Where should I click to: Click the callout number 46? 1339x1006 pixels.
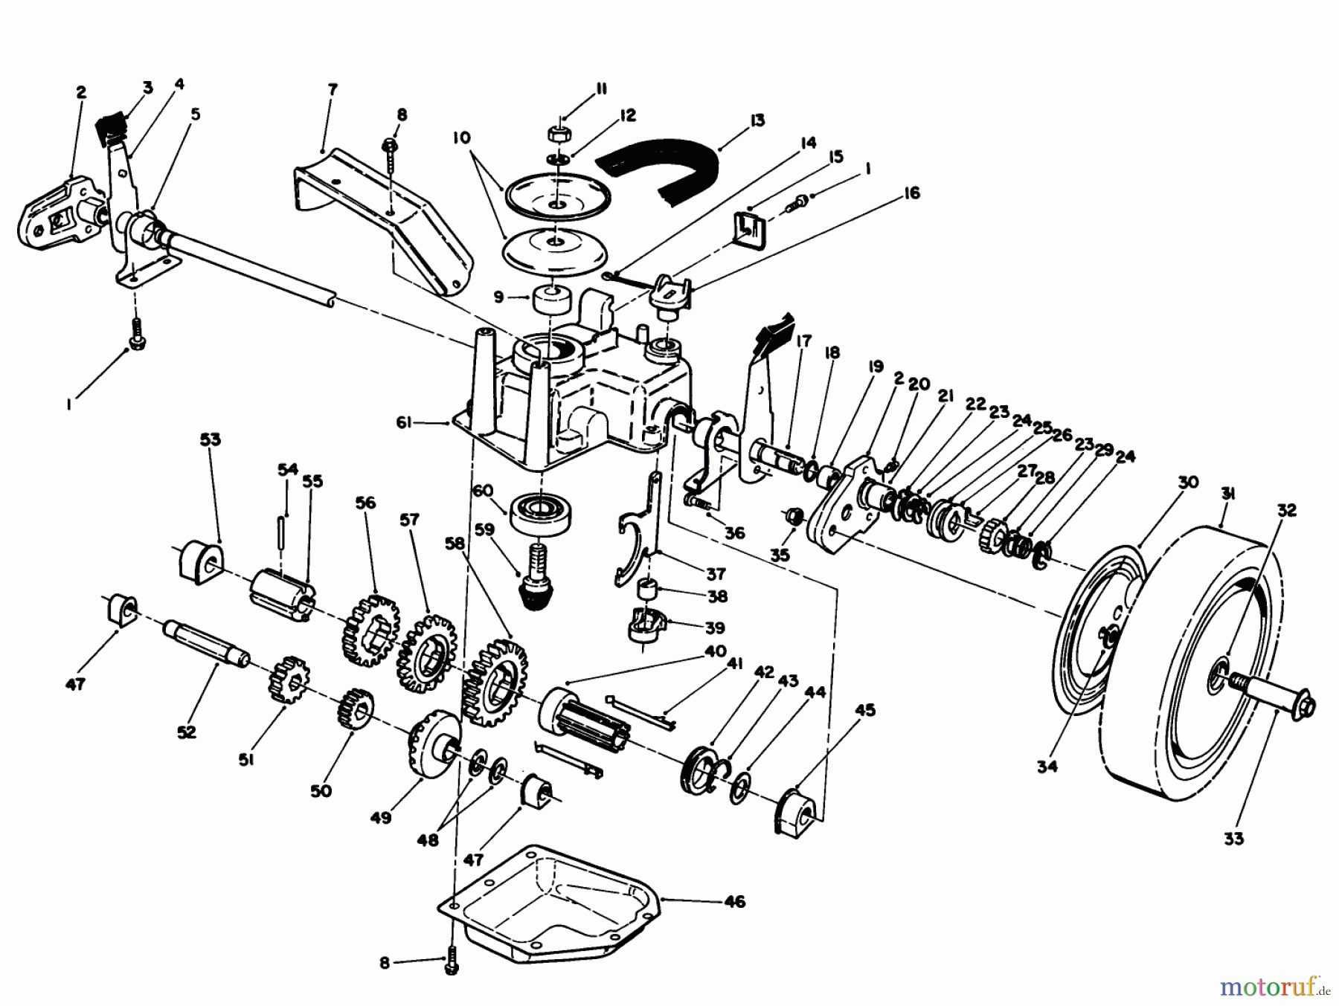[733, 902]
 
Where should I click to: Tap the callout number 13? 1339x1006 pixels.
[757, 120]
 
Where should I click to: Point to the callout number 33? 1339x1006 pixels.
[1233, 838]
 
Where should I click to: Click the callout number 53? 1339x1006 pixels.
[211, 440]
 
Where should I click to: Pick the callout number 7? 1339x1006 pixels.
[332, 89]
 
